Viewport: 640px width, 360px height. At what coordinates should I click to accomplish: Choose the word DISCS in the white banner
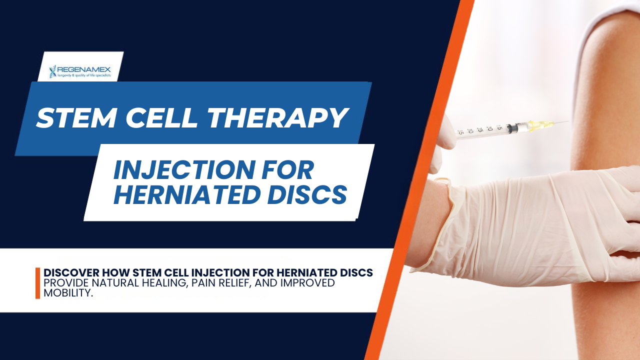(x=307, y=194)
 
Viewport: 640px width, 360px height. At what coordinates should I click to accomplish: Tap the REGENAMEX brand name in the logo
(x=84, y=69)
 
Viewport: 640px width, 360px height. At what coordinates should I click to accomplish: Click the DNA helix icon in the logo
(x=52, y=71)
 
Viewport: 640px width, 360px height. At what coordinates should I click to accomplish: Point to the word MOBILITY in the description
(x=68, y=292)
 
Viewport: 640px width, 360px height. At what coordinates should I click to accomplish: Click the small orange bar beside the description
(x=37, y=283)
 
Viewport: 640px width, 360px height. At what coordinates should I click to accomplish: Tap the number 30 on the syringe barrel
(x=469, y=131)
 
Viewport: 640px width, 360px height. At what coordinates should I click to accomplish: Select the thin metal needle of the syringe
(x=560, y=123)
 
